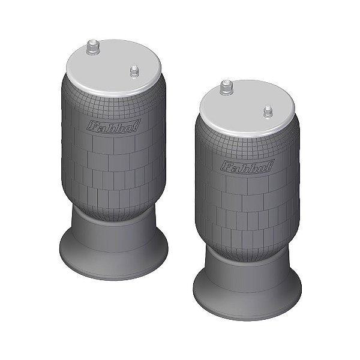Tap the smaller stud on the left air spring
(x=134, y=71)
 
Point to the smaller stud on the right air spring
(x=267, y=112)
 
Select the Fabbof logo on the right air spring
(x=247, y=166)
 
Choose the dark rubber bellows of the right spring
(x=246, y=210)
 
